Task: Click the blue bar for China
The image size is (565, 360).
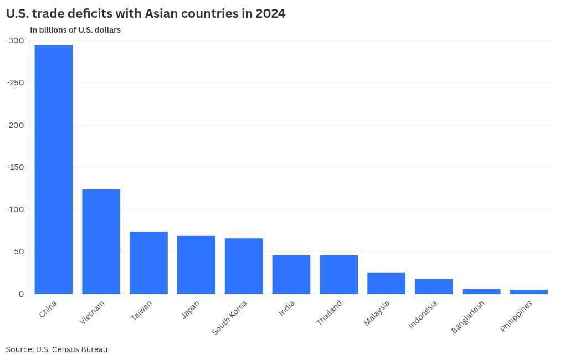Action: [54, 169]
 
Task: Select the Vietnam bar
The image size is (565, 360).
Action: [101, 241]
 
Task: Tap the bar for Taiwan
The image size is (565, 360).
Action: [148, 263]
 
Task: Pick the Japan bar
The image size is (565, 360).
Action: [196, 265]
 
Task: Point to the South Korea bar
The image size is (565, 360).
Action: [244, 266]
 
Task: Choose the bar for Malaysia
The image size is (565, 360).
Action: [386, 283]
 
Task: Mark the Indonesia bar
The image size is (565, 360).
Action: [434, 286]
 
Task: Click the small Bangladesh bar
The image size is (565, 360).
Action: [481, 291]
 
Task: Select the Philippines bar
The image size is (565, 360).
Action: [529, 291]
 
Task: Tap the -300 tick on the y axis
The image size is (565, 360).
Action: [15, 40]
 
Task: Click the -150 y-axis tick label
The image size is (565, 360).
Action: [15, 167]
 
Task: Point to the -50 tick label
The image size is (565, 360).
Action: [17, 251]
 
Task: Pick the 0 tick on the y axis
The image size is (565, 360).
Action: [22, 294]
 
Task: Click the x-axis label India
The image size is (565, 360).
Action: [287, 308]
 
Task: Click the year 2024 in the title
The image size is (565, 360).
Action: [270, 14]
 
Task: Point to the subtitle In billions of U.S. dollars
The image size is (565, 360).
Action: [75, 30]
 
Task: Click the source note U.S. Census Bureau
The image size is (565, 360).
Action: [71, 349]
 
